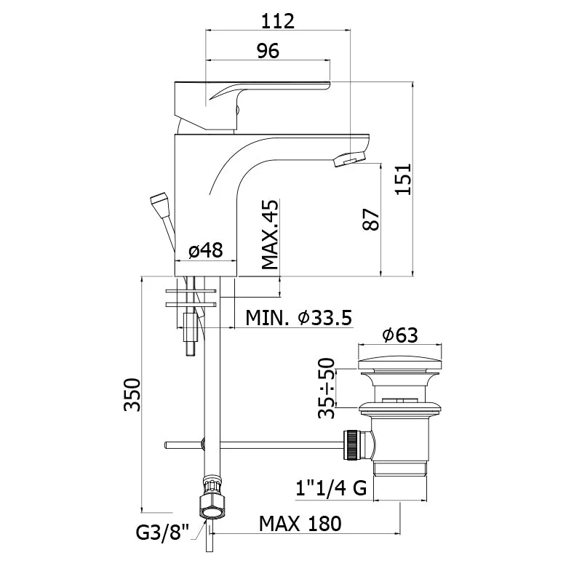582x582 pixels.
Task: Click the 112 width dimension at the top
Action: (278, 21)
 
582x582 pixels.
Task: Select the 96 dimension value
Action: (268, 50)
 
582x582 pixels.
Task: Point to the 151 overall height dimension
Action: (403, 179)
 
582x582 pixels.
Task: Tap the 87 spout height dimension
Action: (371, 220)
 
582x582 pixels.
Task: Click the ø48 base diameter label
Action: (206, 250)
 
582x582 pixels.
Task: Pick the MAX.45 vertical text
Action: (270, 234)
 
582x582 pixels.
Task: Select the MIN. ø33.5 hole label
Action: (299, 318)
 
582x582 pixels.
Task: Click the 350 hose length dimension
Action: (132, 395)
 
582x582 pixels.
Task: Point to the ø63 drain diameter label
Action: (400, 335)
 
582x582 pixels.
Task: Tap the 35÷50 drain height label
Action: (327, 388)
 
